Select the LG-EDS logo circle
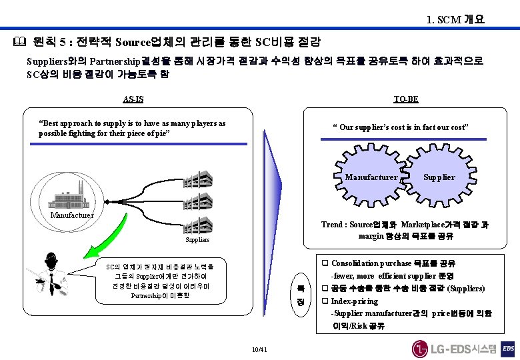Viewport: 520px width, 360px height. click(420, 349)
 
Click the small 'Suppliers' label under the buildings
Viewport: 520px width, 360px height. click(197, 239)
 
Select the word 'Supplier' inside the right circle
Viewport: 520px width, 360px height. click(439, 177)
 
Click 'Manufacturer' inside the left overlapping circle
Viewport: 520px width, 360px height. click(371, 177)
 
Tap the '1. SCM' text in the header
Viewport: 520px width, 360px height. click(443, 20)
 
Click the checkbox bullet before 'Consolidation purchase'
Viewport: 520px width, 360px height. click(325, 263)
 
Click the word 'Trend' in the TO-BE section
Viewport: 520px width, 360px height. click(333, 225)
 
